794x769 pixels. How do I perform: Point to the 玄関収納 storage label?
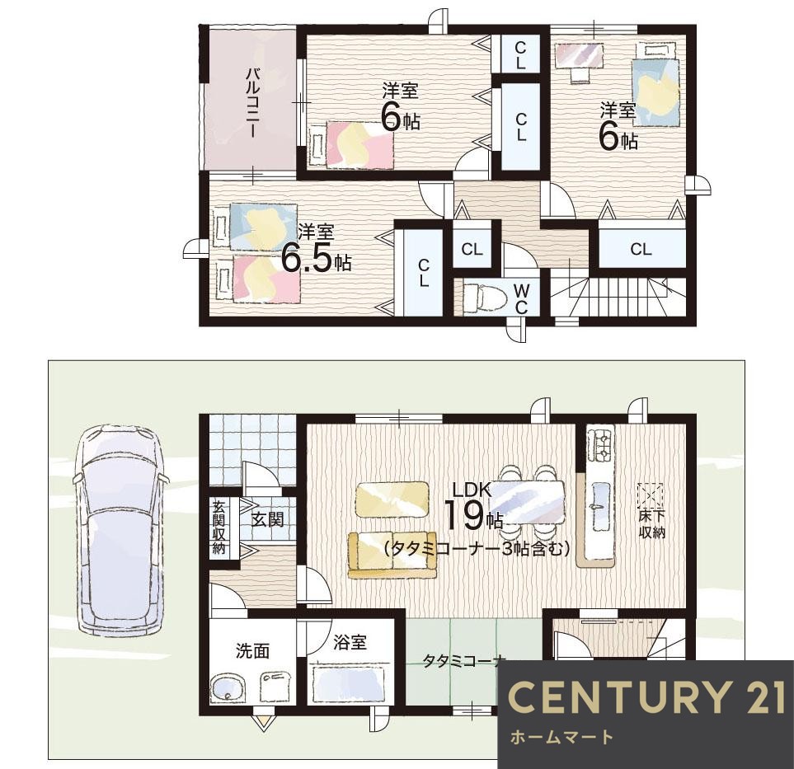[218, 528]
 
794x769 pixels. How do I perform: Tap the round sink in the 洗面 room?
[227, 688]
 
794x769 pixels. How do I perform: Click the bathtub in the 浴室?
[350, 683]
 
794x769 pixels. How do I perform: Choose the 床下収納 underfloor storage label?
[651, 526]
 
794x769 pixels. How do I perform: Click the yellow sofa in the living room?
[392, 555]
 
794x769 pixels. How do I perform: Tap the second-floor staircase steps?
[618, 298]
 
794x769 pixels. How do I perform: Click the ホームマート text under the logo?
[561, 737]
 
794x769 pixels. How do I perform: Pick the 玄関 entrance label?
[267, 519]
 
